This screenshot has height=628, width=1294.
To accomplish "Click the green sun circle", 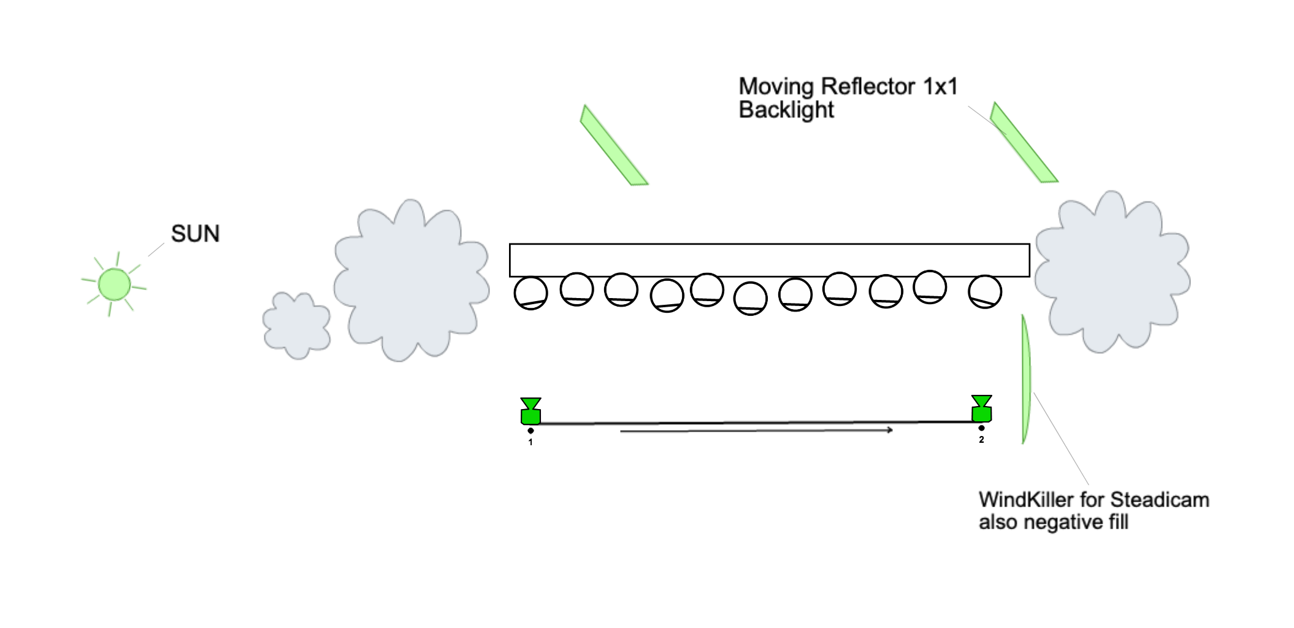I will click(114, 285).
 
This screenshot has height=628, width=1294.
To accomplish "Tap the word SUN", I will click(195, 234).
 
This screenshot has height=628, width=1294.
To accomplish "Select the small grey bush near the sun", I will click(297, 326).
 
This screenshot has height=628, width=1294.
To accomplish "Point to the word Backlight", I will click(786, 110).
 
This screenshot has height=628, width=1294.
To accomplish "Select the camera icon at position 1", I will click(530, 412).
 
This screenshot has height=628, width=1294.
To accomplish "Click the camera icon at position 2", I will click(981, 409).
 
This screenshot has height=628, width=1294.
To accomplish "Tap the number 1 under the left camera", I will click(530, 442).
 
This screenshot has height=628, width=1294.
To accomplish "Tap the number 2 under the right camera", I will click(981, 440).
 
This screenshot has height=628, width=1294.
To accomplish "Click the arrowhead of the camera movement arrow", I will click(890, 430).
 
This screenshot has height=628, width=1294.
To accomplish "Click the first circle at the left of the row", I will click(530, 293).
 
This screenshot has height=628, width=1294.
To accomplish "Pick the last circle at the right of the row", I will click(985, 292).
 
